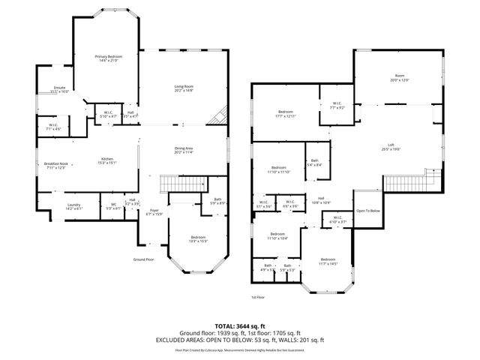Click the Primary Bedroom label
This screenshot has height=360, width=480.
click(109, 59)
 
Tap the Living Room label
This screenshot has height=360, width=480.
click(184, 88)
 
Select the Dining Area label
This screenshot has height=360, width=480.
click(184, 150)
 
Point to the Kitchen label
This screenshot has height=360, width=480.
click(108, 160)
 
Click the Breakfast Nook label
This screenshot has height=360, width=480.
click(55, 166)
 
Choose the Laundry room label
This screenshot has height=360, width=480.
click(73, 206)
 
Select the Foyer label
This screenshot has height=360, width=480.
click(154, 212)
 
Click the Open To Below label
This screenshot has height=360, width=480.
click(368, 211)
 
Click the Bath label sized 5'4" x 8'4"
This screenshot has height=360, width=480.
click(315, 162)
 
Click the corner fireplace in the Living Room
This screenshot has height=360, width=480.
click(220, 116)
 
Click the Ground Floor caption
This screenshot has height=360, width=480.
click(143, 259)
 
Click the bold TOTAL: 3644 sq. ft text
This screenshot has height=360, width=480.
click(240, 326)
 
